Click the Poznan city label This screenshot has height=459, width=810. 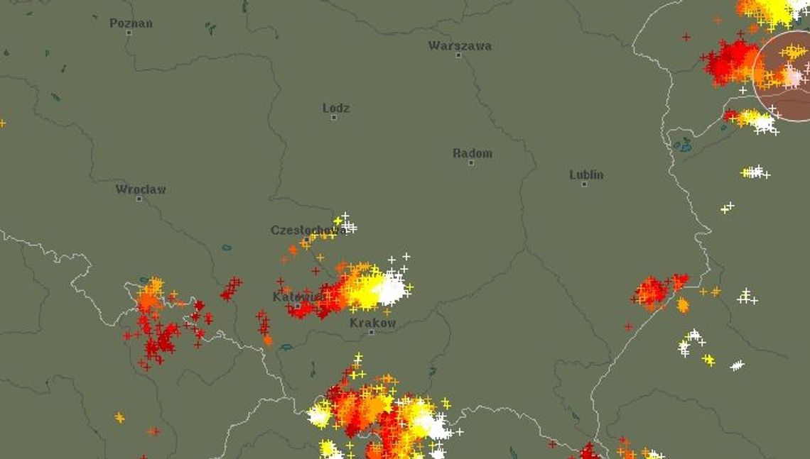131,23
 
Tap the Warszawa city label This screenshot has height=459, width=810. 460,45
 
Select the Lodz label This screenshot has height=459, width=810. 336,108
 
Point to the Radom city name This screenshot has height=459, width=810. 472,153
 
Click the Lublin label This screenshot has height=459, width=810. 586,174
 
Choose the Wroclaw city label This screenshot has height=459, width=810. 141,189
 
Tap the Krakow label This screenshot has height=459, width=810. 372,322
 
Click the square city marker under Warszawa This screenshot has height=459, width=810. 458,55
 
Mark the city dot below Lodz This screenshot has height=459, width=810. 333,117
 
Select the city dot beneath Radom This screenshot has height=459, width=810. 470,162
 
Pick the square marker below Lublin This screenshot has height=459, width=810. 584,184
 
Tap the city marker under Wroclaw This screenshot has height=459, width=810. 139,199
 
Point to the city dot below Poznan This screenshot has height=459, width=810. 129,32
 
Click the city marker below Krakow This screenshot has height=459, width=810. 370,332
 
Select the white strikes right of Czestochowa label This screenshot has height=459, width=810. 347,225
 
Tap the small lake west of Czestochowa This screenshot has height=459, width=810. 227,248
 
